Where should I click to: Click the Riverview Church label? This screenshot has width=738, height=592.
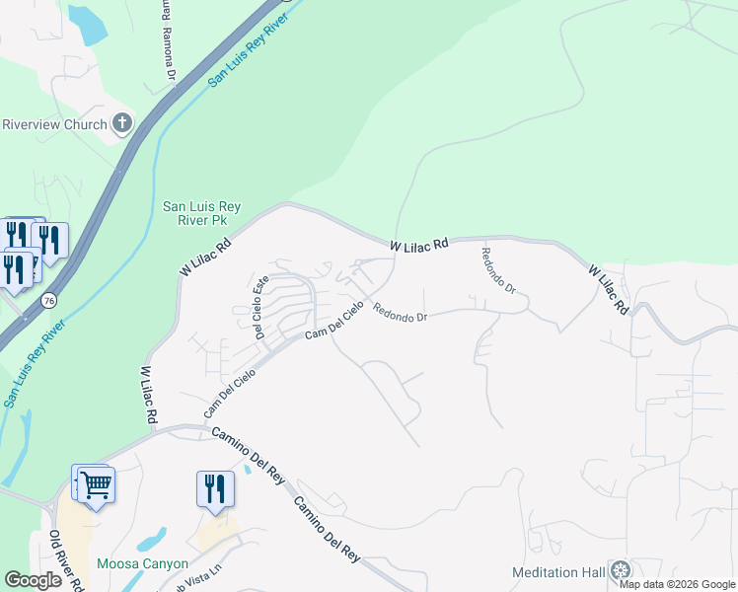point(54,124)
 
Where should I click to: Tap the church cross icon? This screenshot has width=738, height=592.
point(122,123)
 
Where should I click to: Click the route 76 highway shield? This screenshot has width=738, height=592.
point(47,299)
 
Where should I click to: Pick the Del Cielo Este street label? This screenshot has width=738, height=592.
point(261,307)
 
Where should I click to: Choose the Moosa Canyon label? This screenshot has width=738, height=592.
point(142,564)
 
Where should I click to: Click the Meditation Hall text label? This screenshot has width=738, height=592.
point(557,572)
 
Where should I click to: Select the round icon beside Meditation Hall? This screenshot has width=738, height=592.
point(620,570)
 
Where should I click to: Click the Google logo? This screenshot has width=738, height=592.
point(33,580)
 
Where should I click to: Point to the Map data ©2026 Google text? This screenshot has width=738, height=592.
point(677,584)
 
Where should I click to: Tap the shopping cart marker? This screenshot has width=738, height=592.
point(97,484)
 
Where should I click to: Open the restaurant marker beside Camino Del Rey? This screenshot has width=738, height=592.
point(214,488)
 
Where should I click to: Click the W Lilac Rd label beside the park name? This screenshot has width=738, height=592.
point(204,257)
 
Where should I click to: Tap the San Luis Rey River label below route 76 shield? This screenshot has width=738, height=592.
point(36,362)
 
